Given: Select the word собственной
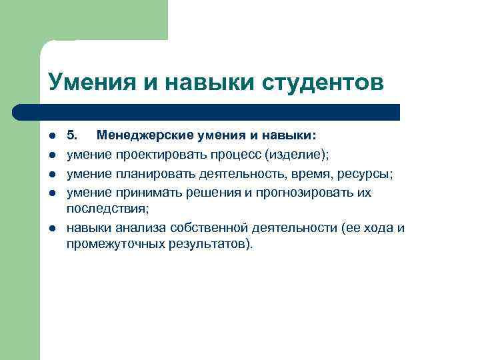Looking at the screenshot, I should pos(200,228).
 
